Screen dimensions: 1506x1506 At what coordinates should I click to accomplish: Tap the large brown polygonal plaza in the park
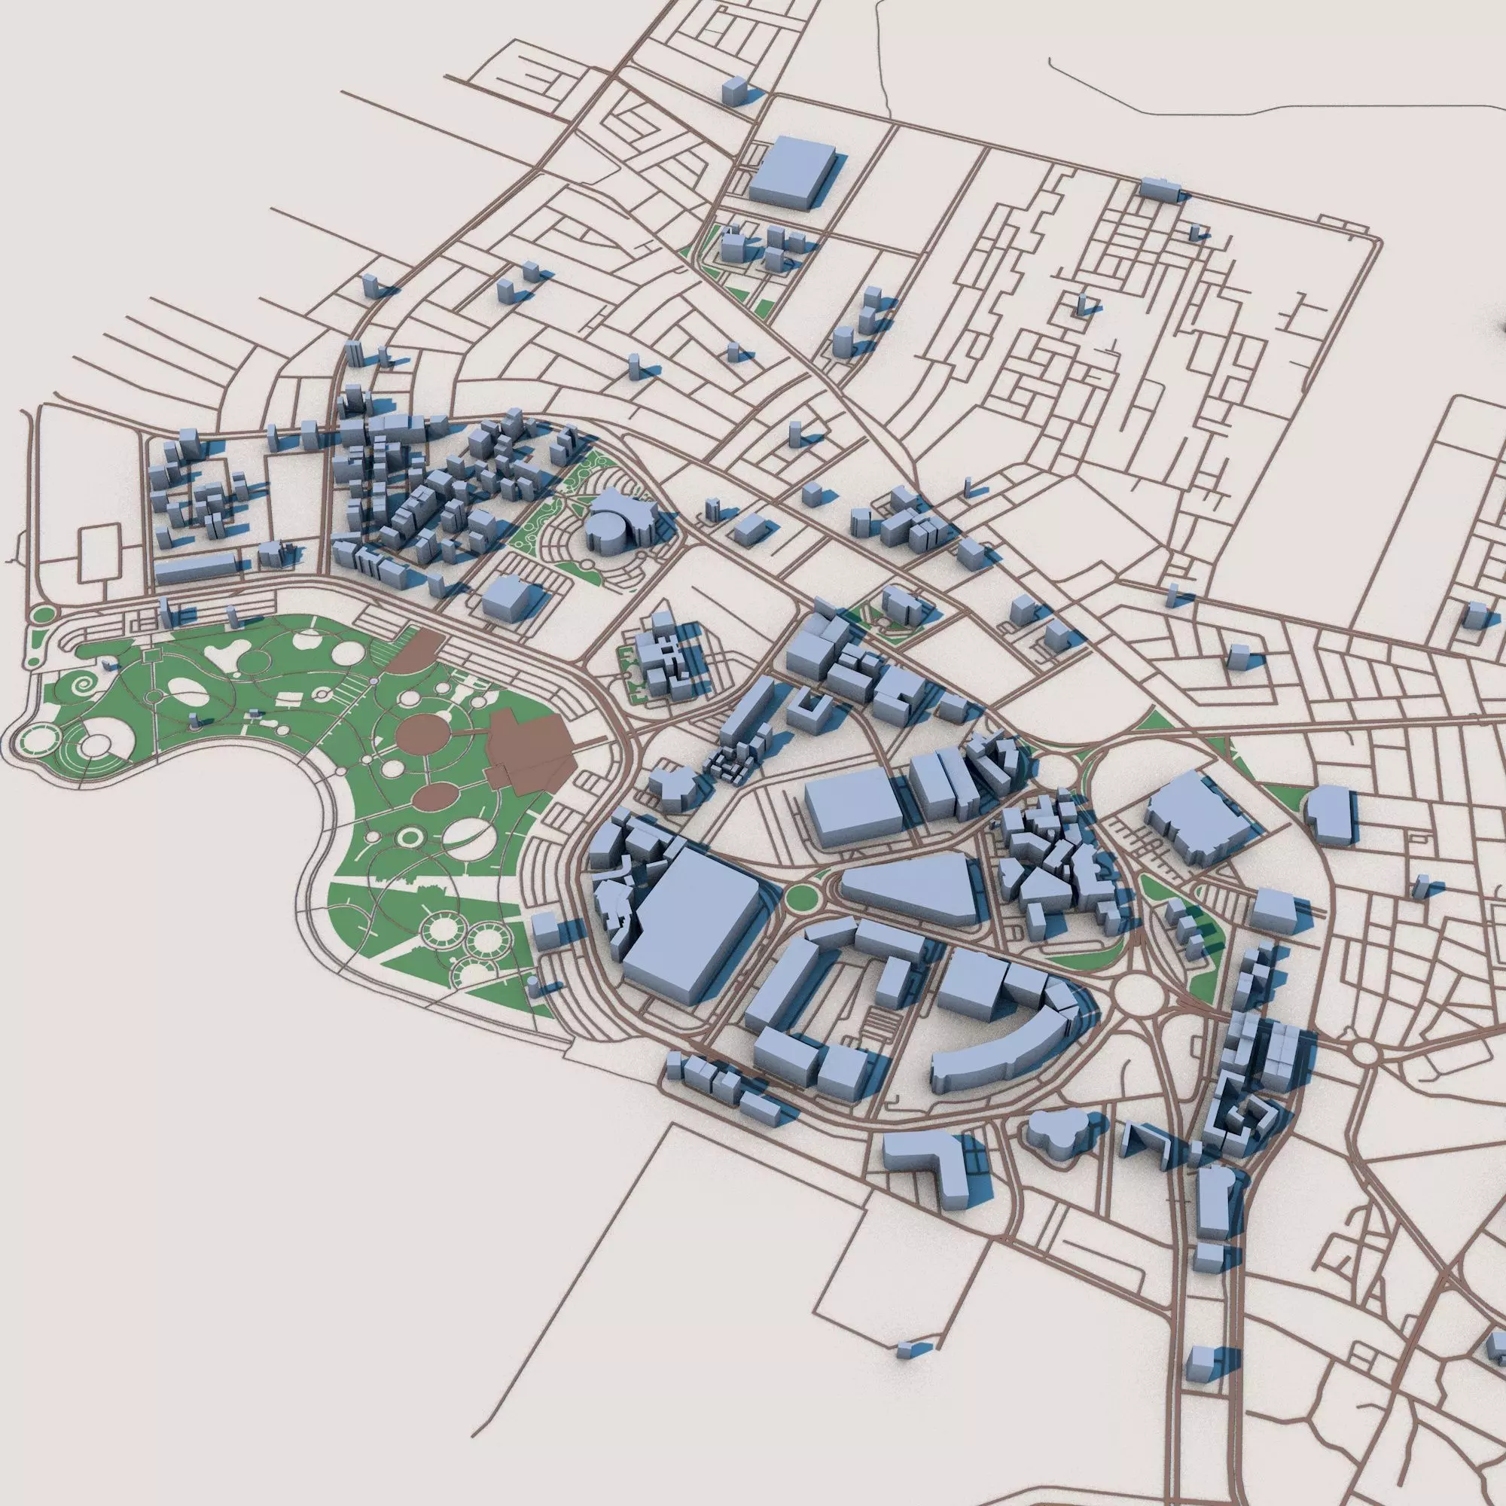pyautogui.click(x=530, y=751)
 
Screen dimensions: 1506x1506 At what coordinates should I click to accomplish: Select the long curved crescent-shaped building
pyautogui.click(x=1005, y=1044)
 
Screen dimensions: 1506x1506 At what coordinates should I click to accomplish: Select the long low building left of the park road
pyautogui.click(x=195, y=569)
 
